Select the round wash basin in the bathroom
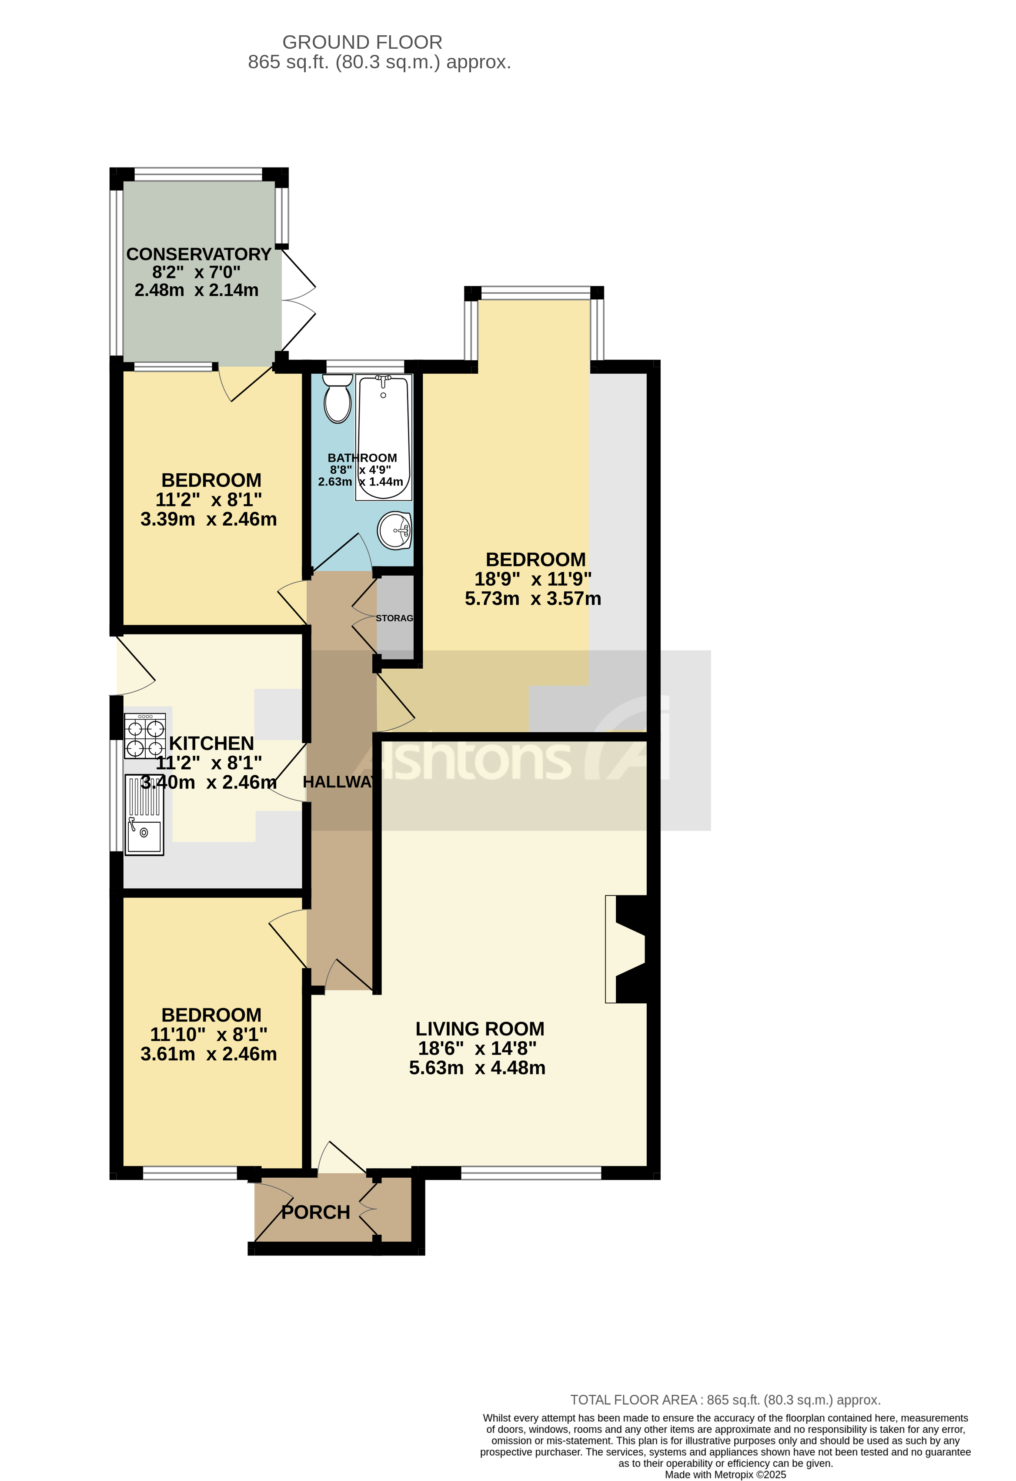[395, 530]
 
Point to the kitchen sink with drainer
[144, 815]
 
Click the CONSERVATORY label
[199, 254]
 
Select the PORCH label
[316, 1212]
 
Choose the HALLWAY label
[338, 782]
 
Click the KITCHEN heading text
[211, 743]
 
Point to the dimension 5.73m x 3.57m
[532, 598]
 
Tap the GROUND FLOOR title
[362, 42]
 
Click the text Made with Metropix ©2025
[725, 1474]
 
